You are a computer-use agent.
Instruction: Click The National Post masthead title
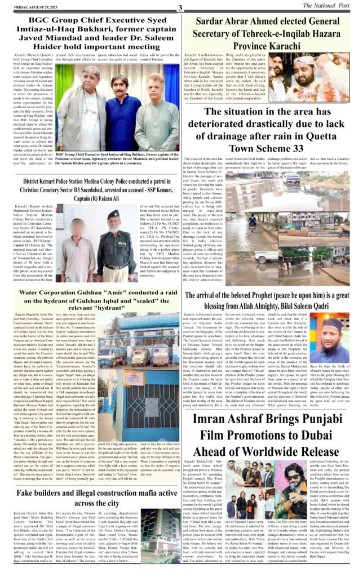pos(330,6)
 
